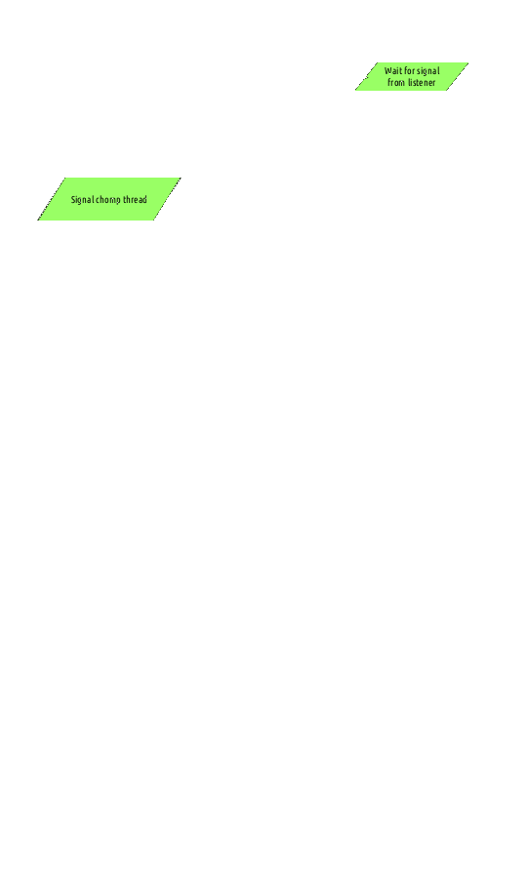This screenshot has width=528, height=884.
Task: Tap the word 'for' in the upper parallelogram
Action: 409,71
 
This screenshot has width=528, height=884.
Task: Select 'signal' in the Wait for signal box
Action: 428,71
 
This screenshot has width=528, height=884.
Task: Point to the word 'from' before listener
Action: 396,82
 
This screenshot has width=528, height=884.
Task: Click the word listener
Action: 422,82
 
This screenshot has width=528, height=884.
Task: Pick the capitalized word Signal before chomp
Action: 82,200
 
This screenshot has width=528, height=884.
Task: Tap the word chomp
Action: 109,200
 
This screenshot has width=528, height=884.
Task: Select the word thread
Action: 136,199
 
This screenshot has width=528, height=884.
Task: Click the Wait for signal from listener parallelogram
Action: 412,77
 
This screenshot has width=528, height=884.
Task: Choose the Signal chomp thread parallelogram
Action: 109,199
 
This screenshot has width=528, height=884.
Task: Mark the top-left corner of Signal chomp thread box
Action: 65,178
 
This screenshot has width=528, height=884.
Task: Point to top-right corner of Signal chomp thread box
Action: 182,178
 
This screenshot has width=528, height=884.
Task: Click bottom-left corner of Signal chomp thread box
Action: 37,221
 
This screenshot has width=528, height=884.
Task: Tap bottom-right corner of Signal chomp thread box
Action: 153,221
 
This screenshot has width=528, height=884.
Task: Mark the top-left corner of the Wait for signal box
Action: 378,62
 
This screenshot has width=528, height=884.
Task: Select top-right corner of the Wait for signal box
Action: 468,62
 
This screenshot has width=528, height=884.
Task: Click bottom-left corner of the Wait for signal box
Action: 355,91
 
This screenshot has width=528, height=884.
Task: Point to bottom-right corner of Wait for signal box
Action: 446,91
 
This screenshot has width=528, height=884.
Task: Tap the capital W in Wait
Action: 388,71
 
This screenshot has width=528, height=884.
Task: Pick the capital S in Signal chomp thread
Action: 73,200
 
